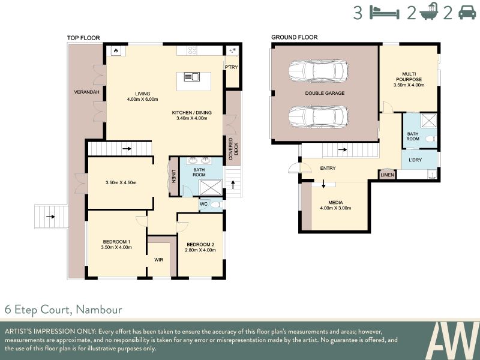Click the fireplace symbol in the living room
116,51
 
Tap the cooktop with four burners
193,50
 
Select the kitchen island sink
192,77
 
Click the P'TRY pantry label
231,67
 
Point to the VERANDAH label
86,92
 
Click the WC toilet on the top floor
217,205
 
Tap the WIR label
158,260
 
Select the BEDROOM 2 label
200,245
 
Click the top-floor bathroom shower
211,188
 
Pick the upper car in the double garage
319,71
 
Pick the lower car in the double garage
319,116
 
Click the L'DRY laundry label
415,160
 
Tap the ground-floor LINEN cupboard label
387,175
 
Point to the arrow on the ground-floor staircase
342,149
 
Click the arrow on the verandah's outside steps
50,217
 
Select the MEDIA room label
335,203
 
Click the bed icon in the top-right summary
385,13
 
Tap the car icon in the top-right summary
467,13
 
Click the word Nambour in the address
99,310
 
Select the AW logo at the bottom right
452,340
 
